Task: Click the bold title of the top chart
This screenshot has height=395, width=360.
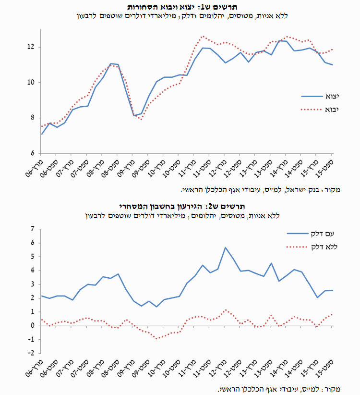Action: pyautogui.click(x=182, y=7)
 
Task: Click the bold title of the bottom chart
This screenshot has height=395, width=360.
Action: pyautogui.click(x=182, y=207)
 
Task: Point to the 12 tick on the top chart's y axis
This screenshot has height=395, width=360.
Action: pyautogui.click(x=31, y=47)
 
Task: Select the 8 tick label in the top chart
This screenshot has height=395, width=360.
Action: pyautogui.click(x=33, y=118)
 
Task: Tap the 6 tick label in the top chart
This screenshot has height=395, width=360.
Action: pyautogui.click(x=33, y=153)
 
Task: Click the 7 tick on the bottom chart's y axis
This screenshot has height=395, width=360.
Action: pyautogui.click(x=33, y=229)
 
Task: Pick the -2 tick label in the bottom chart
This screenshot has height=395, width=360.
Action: pyautogui.click(x=31, y=353)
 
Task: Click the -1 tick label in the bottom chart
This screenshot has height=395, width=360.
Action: pyautogui.click(x=31, y=339)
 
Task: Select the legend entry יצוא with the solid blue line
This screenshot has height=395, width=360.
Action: pyautogui.click(x=320, y=96)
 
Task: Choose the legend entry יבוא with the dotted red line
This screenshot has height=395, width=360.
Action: pyautogui.click(x=320, y=110)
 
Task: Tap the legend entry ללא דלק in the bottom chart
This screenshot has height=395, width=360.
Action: pyautogui.click(x=312, y=247)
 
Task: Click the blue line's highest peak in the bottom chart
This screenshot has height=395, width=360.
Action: pyautogui.click(x=226, y=247)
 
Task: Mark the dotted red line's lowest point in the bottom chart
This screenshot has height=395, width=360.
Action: pyautogui.click(x=156, y=339)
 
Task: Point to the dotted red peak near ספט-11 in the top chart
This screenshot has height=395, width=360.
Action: pyautogui.click(x=203, y=36)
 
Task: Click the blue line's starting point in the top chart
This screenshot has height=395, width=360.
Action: pyautogui.click(x=42, y=134)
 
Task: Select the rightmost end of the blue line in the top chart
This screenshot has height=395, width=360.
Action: pyautogui.click(x=333, y=65)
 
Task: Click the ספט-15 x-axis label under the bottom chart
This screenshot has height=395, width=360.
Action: pyautogui.click(x=324, y=368)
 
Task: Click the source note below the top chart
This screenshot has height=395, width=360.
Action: pyautogui.click(x=260, y=190)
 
